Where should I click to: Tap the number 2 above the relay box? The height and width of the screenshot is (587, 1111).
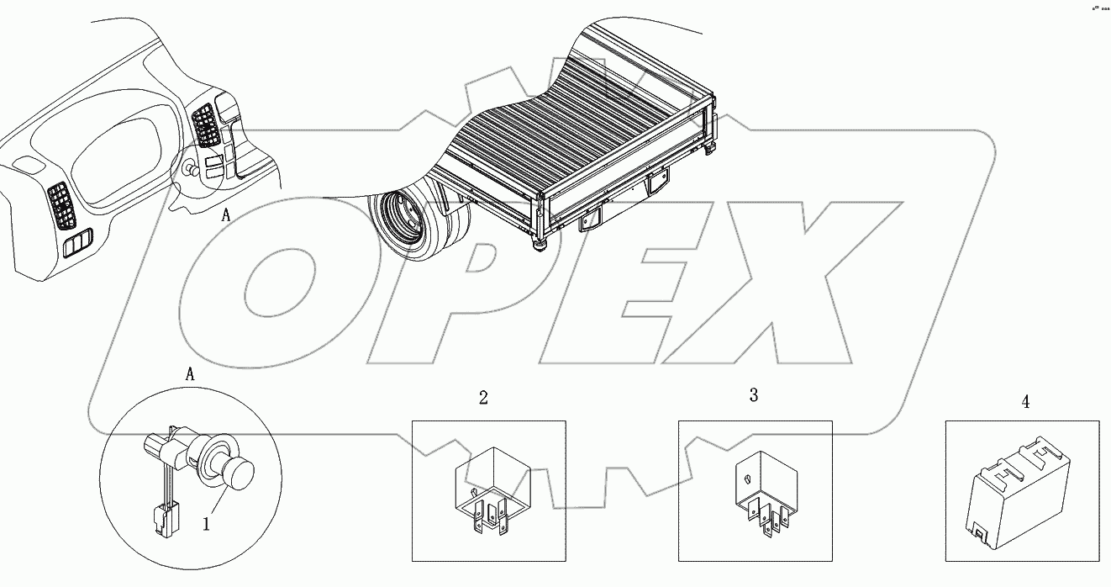(483, 398)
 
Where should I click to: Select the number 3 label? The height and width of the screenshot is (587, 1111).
(754, 394)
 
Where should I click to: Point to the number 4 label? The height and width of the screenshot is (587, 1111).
(1025, 402)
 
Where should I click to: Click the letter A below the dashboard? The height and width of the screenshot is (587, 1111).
(226, 215)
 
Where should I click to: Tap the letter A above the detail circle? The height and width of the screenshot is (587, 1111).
(190, 375)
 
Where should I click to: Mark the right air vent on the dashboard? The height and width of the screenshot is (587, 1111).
(204, 126)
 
